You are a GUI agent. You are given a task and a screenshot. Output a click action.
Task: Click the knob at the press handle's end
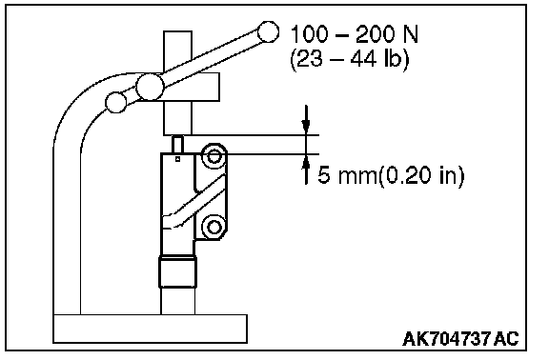point(268,31)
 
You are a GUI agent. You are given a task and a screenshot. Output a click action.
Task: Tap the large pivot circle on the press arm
point(150,87)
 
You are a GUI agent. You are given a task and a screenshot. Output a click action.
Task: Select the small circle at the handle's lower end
point(116,102)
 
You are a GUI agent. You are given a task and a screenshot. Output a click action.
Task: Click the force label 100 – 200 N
point(355,34)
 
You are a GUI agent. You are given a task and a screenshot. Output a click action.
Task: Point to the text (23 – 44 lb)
point(350,59)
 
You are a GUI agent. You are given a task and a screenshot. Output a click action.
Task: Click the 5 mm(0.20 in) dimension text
point(391,175)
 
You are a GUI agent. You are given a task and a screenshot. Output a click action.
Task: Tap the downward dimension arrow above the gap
point(306,119)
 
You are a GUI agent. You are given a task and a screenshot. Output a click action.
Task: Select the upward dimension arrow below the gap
point(306,170)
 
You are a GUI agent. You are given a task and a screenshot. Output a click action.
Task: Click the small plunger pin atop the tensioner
point(177,144)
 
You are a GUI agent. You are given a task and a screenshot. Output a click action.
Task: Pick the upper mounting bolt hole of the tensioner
point(213,156)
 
